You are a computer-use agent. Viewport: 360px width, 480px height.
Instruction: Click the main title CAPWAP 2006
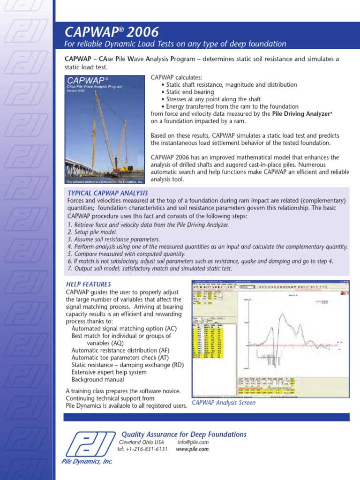[x=112, y=32]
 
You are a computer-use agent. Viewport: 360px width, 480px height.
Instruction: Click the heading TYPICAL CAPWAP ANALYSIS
[x=108, y=193]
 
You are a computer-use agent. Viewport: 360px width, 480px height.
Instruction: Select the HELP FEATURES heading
[x=89, y=284]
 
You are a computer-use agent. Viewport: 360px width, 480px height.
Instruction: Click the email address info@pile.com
[x=193, y=442]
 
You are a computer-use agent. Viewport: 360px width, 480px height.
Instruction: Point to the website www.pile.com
[x=192, y=449]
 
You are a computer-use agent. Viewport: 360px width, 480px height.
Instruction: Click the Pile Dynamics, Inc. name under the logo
[x=87, y=461]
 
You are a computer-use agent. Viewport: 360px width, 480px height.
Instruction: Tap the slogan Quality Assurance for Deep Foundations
[x=184, y=435]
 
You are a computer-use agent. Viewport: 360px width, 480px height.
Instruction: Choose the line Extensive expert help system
[x=109, y=372]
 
